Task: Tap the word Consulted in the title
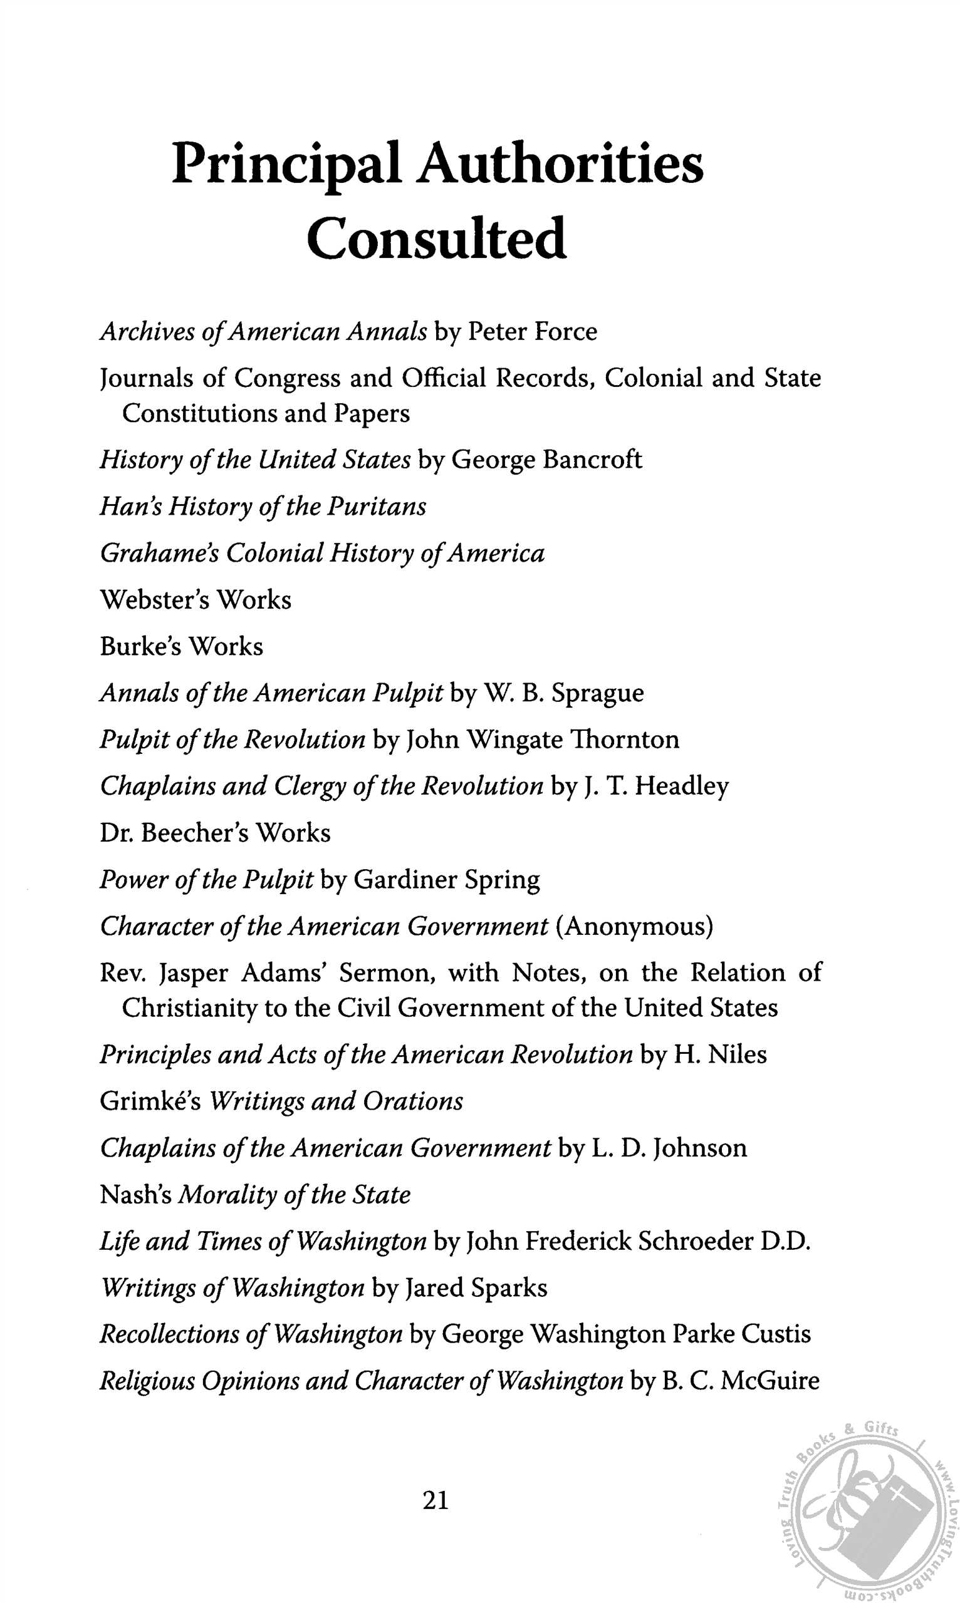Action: tap(437, 239)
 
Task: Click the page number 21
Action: tap(436, 1500)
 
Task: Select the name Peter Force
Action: tap(532, 332)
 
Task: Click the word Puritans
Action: tap(377, 506)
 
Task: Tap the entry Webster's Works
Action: tap(196, 600)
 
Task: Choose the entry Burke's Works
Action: tap(181, 646)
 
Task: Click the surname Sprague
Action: tap(598, 693)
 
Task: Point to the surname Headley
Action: tap(682, 786)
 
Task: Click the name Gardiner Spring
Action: tap(446, 880)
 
